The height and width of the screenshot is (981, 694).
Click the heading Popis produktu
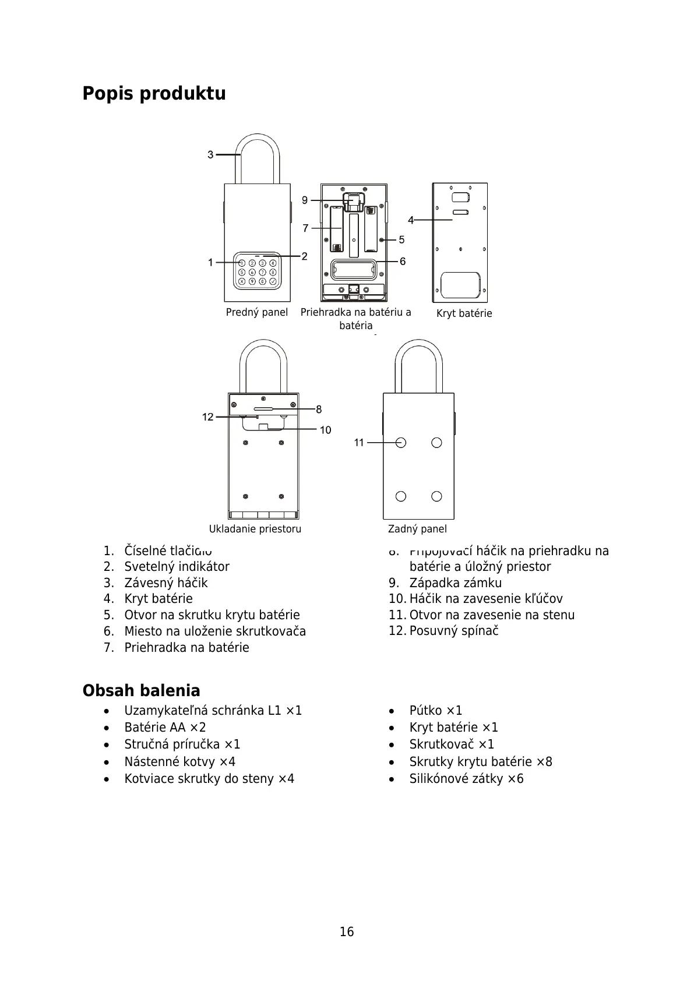tap(154, 93)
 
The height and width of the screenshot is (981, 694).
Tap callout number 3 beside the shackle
tap(210, 155)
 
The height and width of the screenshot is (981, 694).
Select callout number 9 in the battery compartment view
tap(305, 200)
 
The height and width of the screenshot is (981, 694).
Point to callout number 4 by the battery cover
tap(411, 220)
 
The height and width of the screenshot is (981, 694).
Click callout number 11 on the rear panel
tap(359, 443)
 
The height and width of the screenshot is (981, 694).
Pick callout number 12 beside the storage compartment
tap(208, 417)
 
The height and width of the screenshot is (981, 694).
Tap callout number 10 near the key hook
tap(325, 430)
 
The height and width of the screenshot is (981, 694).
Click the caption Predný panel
tap(256, 312)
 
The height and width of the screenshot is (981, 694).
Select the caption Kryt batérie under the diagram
tap(464, 313)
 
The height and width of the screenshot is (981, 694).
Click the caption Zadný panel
tap(417, 529)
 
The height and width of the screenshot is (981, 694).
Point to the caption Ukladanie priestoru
tap(255, 529)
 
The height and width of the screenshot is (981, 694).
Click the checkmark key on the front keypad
tap(273, 281)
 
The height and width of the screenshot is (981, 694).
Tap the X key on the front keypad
tap(242, 281)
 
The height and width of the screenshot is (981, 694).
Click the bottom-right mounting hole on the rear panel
tap(436, 496)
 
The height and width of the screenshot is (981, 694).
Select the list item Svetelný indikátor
tap(177, 567)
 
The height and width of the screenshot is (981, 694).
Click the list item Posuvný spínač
tap(453, 631)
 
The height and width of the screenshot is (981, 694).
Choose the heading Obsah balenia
tap(141, 691)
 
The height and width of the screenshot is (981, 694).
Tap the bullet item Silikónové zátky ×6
tap(466, 779)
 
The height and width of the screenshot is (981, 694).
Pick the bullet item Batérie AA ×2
tap(165, 728)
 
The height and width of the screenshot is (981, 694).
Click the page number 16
tap(347, 932)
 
